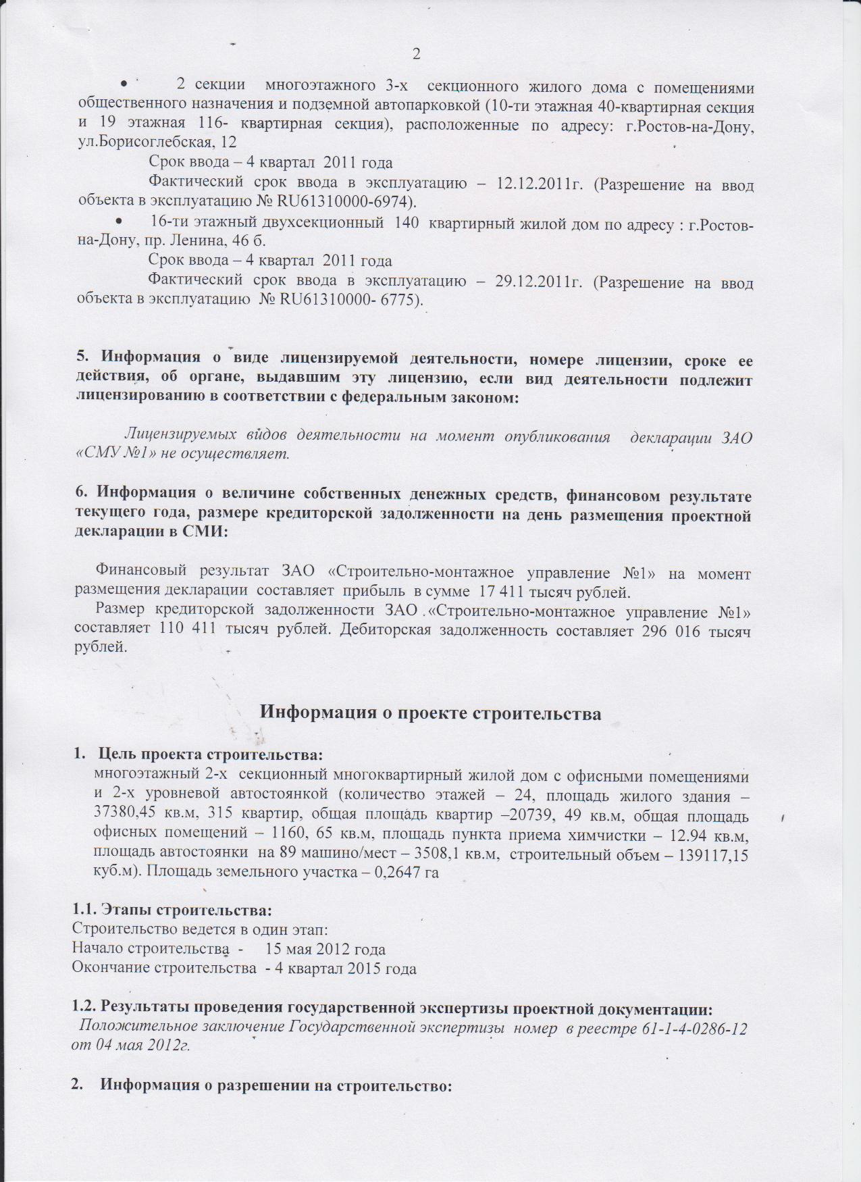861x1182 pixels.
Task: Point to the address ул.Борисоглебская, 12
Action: pos(157,143)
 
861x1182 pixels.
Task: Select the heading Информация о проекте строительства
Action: pos(430,713)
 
